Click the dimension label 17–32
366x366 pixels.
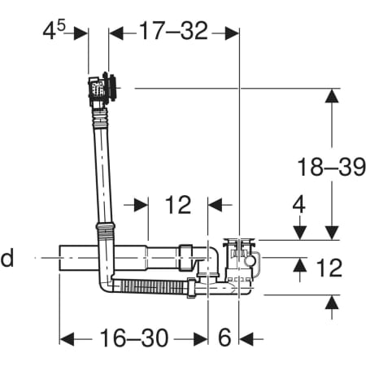(x=173, y=31)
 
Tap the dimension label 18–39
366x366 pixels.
(x=332, y=167)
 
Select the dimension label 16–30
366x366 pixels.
(x=134, y=338)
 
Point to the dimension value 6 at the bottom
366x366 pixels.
(x=224, y=338)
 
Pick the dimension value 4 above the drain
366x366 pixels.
(x=298, y=204)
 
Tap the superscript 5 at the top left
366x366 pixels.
(x=61, y=26)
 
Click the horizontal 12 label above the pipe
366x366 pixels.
(x=178, y=205)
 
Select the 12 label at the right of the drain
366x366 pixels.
(x=329, y=268)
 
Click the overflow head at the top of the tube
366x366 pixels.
(x=103, y=88)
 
